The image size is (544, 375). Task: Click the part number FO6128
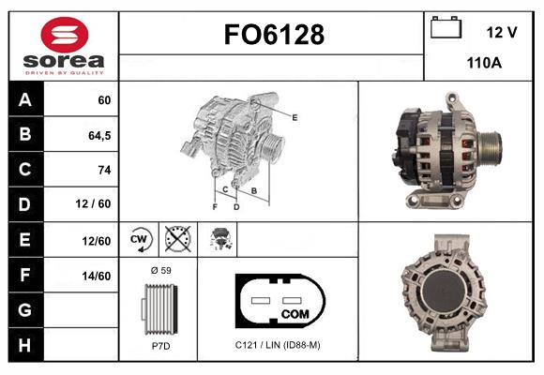click(x=274, y=35)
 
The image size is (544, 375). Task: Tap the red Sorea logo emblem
click(x=65, y=35)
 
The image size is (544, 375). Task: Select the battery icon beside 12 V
click(x=446, y=27)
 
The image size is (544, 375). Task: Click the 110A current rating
click(x=484, y=63)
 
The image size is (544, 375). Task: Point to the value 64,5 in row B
click(x=99, y=136)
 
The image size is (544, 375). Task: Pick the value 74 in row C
click(x=104, y=170)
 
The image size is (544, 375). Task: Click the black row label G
click(x=25, y=309)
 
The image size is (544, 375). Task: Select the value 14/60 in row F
click(x=97, y=276)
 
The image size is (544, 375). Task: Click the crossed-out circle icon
click(x=178, y=239)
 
